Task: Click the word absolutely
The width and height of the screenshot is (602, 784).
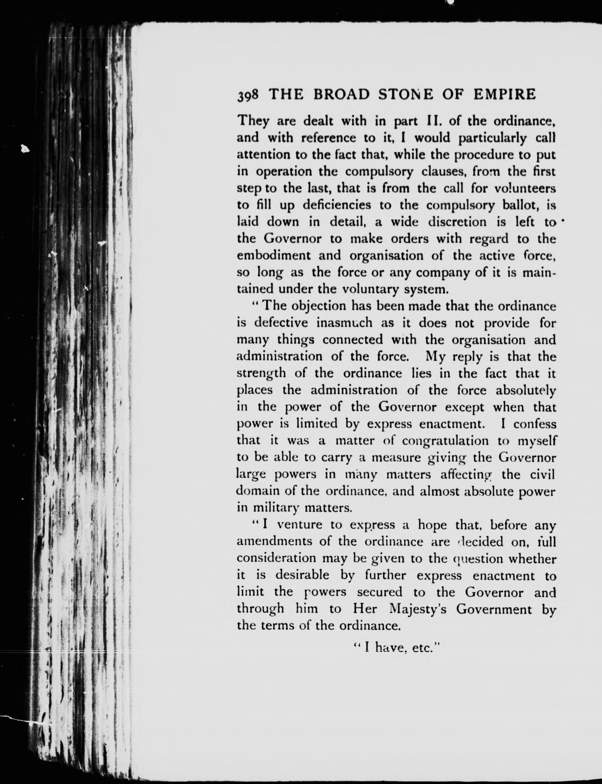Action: pyautogui.click(x=526, y=390)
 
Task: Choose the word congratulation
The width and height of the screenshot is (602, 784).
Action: pyautogui.click(x=445, y=441)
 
